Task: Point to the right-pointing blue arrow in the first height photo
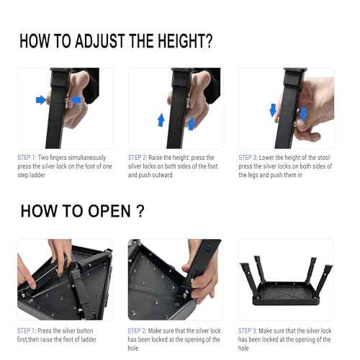[x=41, y=99]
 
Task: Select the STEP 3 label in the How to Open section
[x=250, y=330]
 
